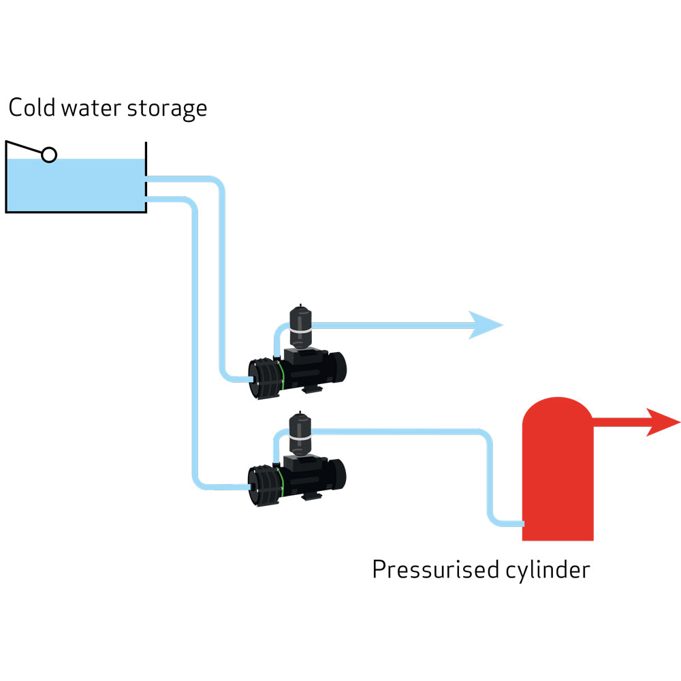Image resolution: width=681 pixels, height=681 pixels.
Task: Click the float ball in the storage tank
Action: [x=49, y=155]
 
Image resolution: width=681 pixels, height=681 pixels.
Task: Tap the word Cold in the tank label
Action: [x=31, y=108]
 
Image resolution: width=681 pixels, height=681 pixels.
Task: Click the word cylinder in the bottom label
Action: [x=546, y=570]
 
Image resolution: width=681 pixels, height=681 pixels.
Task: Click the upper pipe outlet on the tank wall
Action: [x=149, y=180]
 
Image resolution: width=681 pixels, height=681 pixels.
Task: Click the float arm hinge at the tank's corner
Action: [x=8, y=142]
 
